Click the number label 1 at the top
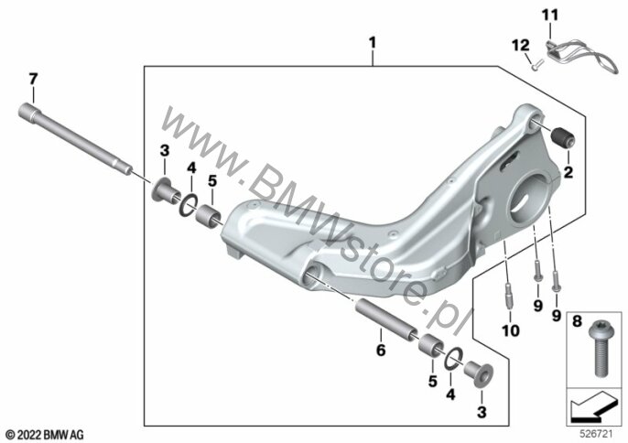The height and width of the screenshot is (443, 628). (372, 42)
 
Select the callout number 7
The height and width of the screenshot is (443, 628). (32, 80)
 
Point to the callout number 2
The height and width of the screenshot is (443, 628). (568, 170)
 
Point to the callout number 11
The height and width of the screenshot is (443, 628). (548, 15)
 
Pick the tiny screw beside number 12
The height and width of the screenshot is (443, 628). (534, 62)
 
